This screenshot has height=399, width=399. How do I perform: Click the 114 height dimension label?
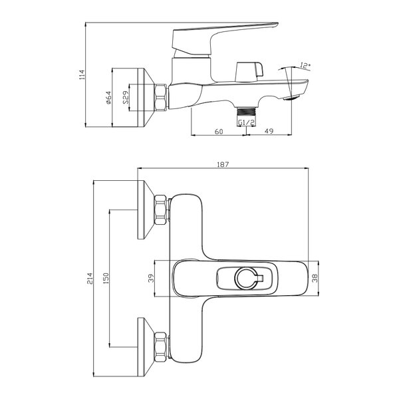82,74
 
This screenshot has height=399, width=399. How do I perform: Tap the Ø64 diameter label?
108,98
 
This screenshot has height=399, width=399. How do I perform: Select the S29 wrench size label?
126,98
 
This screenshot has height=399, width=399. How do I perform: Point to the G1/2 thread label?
246,122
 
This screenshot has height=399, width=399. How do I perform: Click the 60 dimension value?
219,132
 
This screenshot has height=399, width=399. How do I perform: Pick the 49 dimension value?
269,131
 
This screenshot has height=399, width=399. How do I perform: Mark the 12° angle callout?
305,65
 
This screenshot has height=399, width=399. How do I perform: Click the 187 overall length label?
223,164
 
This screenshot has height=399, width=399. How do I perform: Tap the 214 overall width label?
90,279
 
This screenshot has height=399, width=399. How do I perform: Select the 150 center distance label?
106,279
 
